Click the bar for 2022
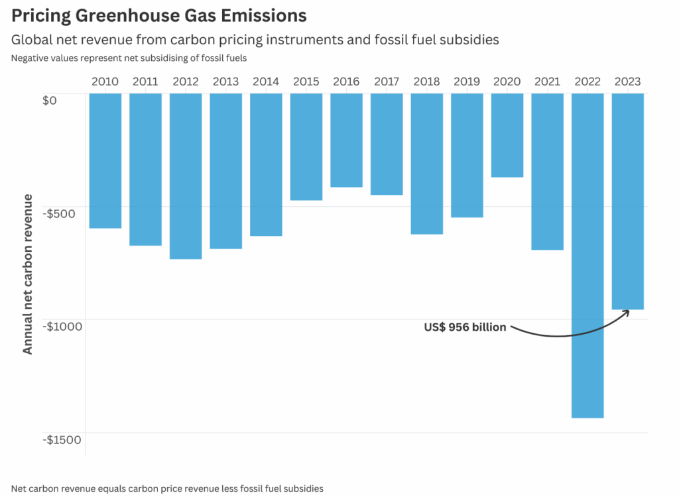tap(587, 255)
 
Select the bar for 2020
tap(507, 135)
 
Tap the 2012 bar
tap(186, 176)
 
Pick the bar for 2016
tap(347, 140)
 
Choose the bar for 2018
tap(427, 164)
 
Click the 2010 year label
tap(105, 82)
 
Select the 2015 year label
tap(306, 82)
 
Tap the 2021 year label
tap(547, 82)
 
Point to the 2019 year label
tap(467, 82)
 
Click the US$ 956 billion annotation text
tap(465, 327)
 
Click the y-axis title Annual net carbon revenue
tap(28, 274)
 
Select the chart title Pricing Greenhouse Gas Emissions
tap(159, 15)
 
